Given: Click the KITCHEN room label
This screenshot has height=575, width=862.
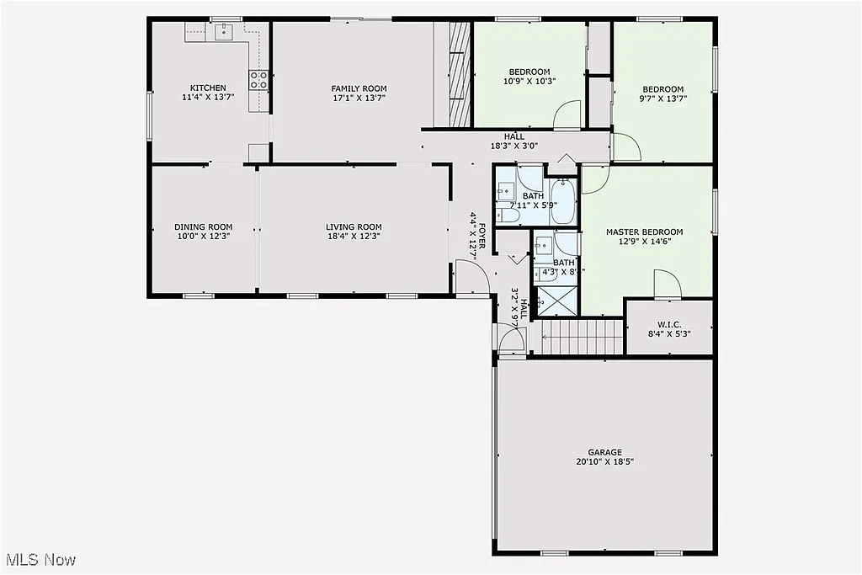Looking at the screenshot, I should pos(207,88).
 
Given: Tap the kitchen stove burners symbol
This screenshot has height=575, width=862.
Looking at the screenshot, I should pos(258,80).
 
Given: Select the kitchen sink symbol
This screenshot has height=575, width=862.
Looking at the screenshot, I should pos(224,32).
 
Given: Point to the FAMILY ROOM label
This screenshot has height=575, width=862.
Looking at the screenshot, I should pos(359,88).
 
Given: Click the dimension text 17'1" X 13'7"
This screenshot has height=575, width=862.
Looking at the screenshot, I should pos(359,98).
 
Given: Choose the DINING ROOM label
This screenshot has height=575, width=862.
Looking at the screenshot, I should pos(203,226).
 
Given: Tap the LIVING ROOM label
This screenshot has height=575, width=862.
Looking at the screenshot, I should pos(354,226).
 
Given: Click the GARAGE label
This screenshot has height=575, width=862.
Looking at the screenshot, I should pos(604,451).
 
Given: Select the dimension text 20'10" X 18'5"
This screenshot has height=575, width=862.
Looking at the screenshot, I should pos(604,461).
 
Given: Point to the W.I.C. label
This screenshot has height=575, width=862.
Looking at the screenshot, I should pos(669,324).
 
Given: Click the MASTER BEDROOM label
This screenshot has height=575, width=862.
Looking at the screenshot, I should pos(644,232).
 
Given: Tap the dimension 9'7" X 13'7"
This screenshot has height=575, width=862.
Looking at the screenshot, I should pos(662,98).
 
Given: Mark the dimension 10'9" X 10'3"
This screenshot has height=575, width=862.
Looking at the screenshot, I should pos(529,81).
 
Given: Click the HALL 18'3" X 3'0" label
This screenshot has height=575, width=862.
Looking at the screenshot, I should pos(513,141).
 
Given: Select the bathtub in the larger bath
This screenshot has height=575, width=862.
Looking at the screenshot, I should pos(563,202).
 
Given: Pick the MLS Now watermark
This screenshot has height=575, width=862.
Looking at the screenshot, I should pos(40,559).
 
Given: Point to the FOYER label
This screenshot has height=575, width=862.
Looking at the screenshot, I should pos(484,235).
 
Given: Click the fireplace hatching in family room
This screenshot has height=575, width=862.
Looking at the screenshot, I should pos(458,74).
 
